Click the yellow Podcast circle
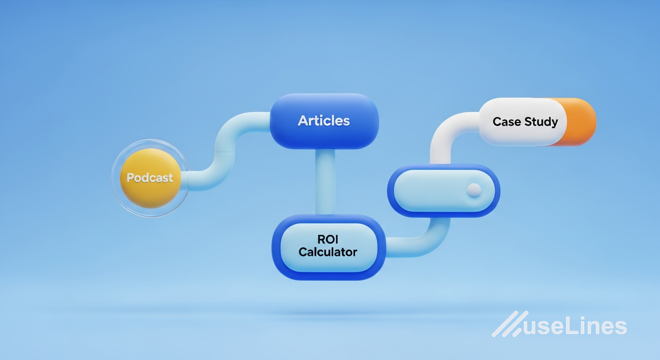tap(150, 178)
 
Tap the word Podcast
tap(150, 178)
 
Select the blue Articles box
tap(324, 121)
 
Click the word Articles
tap(323, 121)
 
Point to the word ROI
tap(328, 239)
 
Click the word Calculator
tap(328, 252)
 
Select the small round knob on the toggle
tap(474, 190)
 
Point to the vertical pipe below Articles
tap(325, 182)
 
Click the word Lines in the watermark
tap(596, 326)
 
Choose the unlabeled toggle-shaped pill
tap(444, 191)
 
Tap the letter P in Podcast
tap(130, 178)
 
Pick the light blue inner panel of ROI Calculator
tap(329, 247)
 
